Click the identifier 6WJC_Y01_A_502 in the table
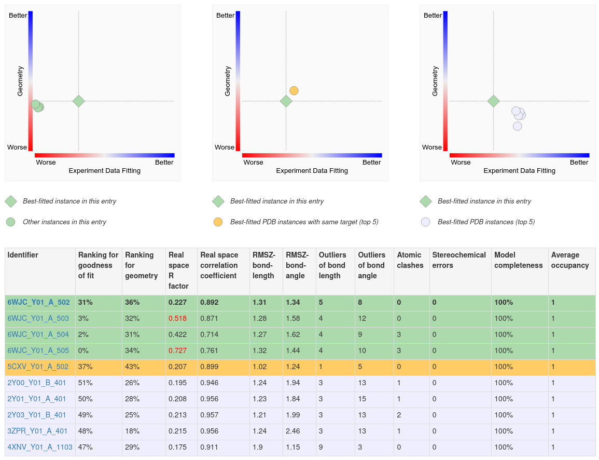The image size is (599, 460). point(38,302)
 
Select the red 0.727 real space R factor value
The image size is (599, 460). point(177,350)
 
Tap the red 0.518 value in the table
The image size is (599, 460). point(177,318)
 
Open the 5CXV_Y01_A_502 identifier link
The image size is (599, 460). point(38,367)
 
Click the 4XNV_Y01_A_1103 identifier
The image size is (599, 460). point(40,447)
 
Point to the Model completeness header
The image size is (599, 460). point(519,260)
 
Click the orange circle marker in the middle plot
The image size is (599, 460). point(294,91)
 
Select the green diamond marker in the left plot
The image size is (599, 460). point(78,101)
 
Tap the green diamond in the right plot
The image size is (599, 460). point(493,101)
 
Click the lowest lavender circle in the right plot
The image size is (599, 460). point(518,126)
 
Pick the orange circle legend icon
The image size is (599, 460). point(218,222)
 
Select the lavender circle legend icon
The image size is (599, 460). point(425,222)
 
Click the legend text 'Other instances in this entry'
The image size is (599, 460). point(64,222)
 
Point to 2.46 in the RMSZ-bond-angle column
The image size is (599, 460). point(293,431)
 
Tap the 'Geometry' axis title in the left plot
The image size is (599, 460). point(21,80)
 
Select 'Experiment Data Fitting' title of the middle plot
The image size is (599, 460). point(312,171)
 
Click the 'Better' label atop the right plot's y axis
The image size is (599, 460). point(433,16)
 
